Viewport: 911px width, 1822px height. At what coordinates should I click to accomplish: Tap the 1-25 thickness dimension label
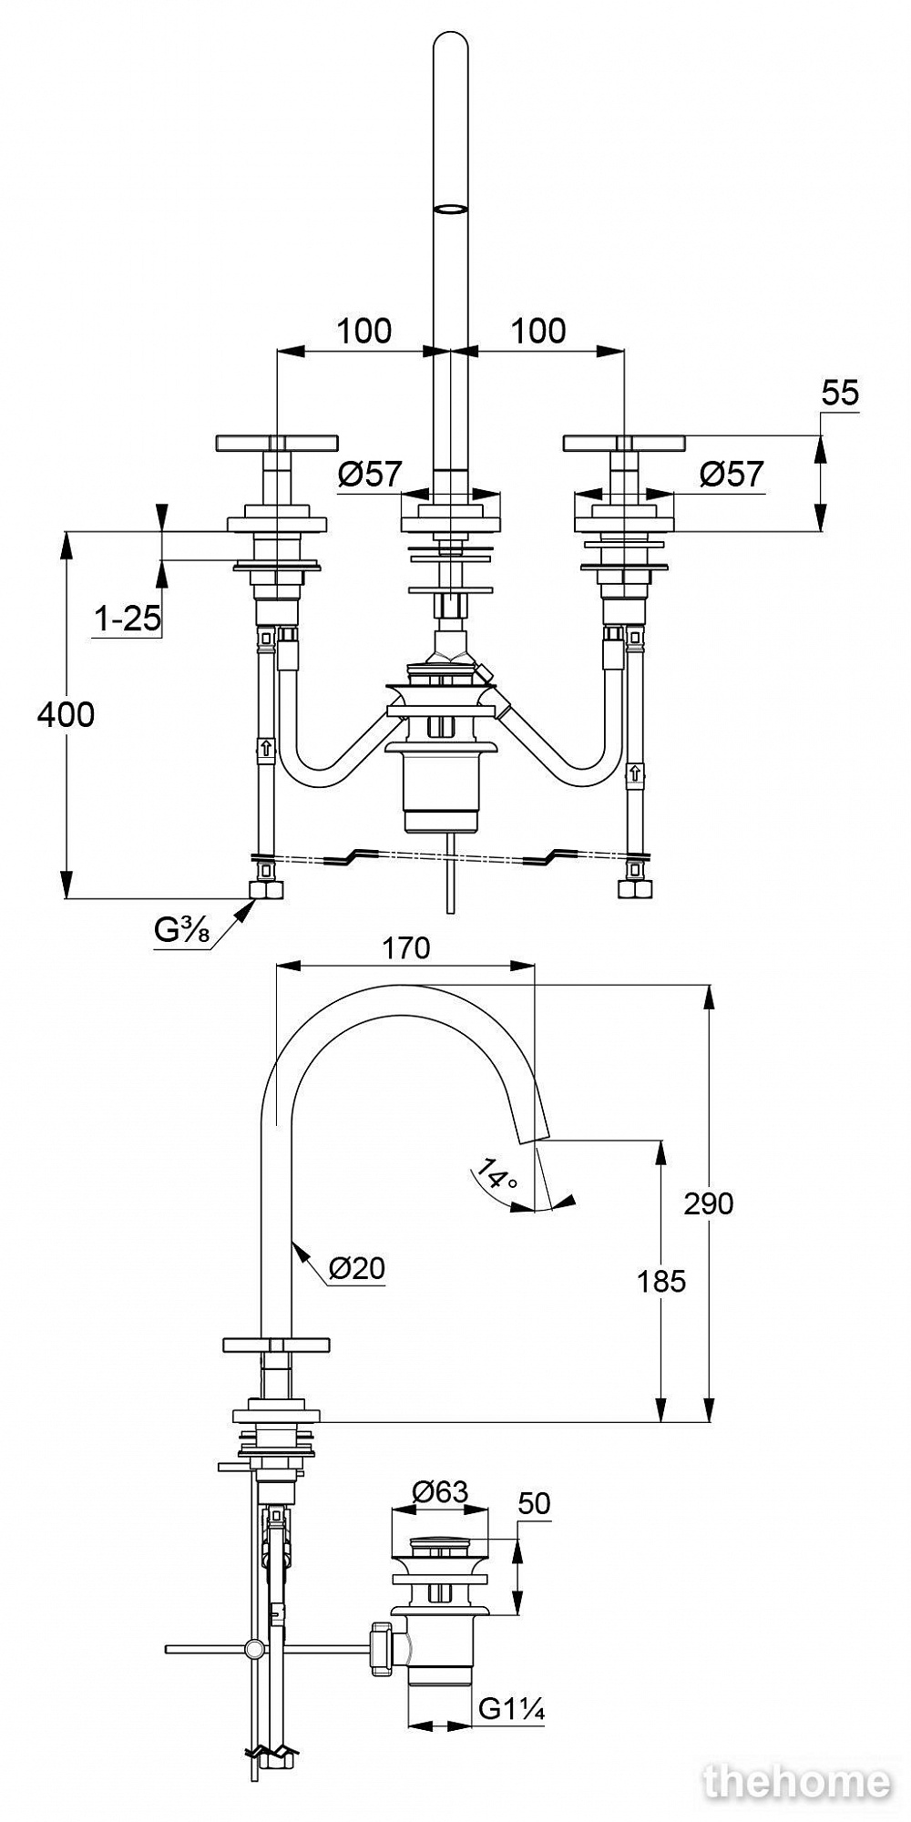[128, 619]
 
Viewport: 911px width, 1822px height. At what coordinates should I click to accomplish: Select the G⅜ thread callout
[182, 931]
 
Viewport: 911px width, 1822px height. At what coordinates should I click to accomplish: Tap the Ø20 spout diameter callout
[357, 1267]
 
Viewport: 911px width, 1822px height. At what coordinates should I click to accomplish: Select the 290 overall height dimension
[708, 1203]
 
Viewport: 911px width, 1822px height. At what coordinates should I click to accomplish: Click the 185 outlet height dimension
[661, 1281]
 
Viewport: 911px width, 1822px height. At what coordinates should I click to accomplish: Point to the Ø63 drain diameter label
[440, 1491]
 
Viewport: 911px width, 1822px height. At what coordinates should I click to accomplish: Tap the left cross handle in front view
[276, 444]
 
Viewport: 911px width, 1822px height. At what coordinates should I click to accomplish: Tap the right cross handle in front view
[623, 444]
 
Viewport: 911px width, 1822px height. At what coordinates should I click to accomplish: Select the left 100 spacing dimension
[364, 331]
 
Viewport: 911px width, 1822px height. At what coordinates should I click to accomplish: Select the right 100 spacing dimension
[538, 331]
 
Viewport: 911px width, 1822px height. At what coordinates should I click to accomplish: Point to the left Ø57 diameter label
[370, 474]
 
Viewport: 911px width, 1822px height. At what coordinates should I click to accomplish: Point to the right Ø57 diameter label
[732, 474]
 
